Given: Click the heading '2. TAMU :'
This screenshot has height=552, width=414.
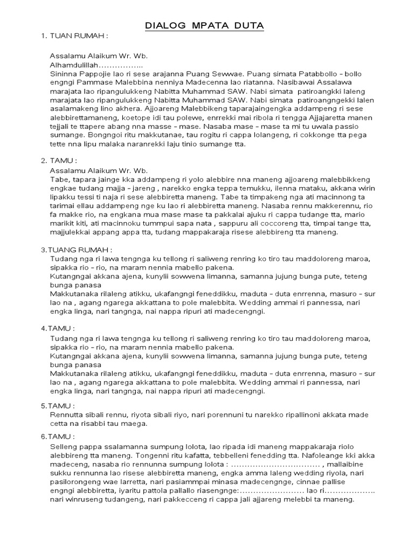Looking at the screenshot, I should click(x=59, y=160).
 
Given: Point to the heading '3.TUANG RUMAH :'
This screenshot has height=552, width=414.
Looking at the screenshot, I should click(x=77, y=250).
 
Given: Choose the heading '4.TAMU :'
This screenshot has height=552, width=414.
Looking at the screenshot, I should click(x=58, y=328).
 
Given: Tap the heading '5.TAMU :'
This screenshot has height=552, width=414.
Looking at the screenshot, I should click(x=58, y=405).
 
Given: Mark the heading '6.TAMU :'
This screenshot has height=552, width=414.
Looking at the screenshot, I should click(x=58, y=436).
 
